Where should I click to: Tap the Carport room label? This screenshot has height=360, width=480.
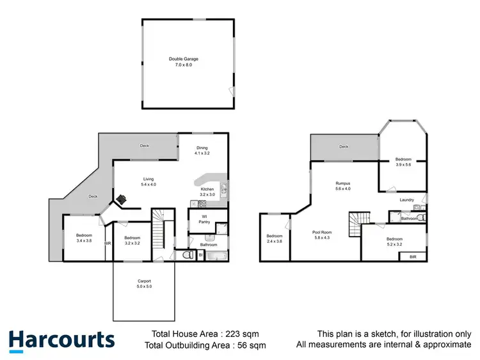[x=144, y=284]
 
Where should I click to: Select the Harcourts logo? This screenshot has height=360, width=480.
[x=61, y=340]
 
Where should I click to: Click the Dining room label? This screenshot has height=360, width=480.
[x=202, y=151]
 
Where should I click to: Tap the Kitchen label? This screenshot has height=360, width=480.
[x=207, y=192]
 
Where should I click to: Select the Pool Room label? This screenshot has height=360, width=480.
[x=326, y=235]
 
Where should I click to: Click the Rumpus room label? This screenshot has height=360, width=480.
[x=343, y=186]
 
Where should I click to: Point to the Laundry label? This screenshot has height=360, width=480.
[x=407, y=200]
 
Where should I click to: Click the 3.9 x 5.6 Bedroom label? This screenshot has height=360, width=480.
[x=403, y=162]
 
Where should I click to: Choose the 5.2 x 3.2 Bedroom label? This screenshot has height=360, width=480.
[x=394, y=242]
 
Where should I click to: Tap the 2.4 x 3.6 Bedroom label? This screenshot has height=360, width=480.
[x=274, y=239]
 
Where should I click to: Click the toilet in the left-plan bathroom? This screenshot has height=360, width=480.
[x=188, y=254]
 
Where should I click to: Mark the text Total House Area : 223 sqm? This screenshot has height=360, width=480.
[x=204, y=334]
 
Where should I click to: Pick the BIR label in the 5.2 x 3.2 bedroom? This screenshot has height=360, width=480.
[x=413, y=256]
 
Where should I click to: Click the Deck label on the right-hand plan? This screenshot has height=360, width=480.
[x=344, y=146]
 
